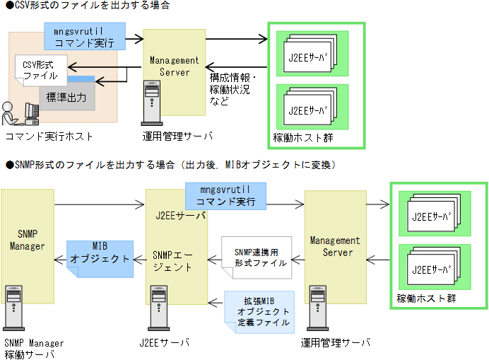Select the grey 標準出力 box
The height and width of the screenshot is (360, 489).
tap(66, 96)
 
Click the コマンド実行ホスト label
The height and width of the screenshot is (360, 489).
tap(49, 135)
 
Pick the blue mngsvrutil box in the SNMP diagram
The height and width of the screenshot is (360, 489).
tap(225, 196)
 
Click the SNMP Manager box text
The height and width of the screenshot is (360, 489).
tap(28, 240)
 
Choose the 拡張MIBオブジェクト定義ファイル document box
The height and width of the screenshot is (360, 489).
tap(259, 311)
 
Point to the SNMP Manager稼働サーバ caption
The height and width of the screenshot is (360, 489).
tap(34, 348)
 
